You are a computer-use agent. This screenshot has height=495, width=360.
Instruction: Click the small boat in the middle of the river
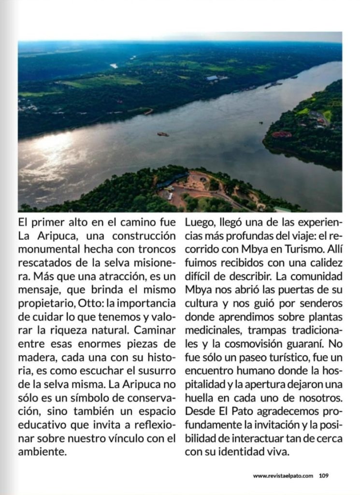163,134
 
